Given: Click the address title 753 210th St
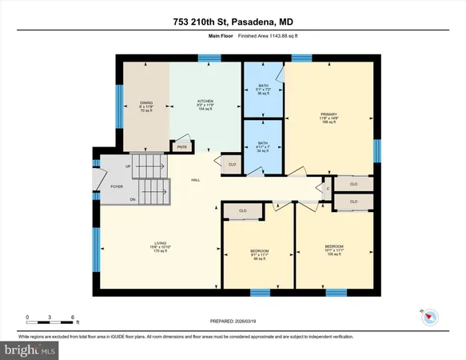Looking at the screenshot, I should (x=233, y=20).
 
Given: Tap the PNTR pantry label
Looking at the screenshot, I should (x=182, y=146).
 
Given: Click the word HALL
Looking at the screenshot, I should (x=194, y=181).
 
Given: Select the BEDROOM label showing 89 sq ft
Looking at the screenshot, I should (x=258, y=254).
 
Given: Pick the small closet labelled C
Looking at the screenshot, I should (x=328, y=189).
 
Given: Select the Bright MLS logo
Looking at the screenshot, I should (x=30, y=350).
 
